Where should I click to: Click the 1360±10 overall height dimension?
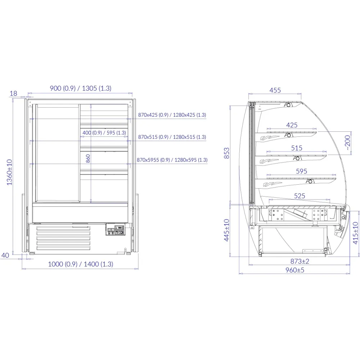[9, 172]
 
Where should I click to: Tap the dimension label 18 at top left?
[13, 94]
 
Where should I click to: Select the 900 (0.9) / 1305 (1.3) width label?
[80, 88]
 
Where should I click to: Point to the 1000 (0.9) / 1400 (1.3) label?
[81, 264]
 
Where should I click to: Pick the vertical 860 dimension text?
[87, 158]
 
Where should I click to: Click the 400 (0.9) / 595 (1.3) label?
[104, 133]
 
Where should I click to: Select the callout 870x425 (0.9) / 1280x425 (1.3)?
[172, 115]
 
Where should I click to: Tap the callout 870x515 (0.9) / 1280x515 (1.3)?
[172, 137]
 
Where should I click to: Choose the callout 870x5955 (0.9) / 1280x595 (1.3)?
[172, 159]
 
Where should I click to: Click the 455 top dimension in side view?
[275, 90]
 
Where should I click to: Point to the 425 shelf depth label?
[292, 125]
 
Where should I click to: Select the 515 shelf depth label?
[297, 148]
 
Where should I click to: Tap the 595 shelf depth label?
[302, 171]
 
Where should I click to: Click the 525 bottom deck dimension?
[300, 196]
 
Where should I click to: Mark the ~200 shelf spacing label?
[347, 143]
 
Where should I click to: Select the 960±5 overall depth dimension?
[294, 270]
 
